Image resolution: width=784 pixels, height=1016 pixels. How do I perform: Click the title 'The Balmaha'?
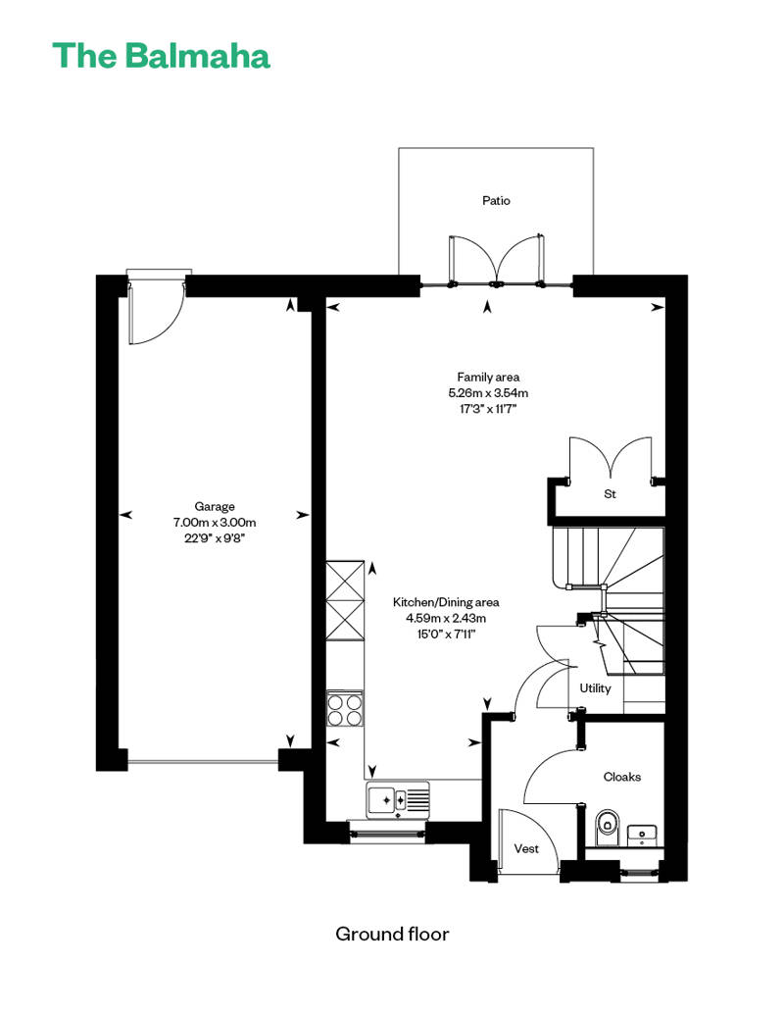tap(161, 56)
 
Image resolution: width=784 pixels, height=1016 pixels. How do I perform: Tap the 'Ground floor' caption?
tap(392, 934)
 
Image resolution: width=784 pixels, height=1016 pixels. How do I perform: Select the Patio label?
tap(496, 201)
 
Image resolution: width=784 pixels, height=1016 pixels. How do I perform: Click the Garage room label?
tap(215, 507)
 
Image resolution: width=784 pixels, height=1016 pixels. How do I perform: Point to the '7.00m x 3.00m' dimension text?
tap(215, 523)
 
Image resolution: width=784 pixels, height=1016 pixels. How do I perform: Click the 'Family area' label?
tap(488, 378)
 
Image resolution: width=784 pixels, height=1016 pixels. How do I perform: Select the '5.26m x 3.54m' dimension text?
tap(488, 392)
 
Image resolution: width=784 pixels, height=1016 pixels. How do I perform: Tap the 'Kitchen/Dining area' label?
tap(446, 602)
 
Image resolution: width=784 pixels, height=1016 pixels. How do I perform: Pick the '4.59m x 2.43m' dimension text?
tap(446, 618)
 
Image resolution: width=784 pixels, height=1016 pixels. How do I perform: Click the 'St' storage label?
tap(610, 493)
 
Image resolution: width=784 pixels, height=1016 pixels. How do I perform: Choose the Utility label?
tap(595, 688)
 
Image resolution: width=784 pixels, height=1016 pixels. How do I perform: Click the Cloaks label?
tap(622, 777)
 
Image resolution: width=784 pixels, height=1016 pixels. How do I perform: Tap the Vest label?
tap(526, 848)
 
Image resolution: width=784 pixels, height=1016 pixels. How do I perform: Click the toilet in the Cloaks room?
tap(607, 828)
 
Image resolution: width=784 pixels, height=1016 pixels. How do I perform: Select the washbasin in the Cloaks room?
tap(642, 836)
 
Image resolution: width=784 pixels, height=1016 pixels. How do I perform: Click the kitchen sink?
tap(398, 800)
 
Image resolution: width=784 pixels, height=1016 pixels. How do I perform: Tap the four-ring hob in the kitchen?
tap(344, 709)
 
